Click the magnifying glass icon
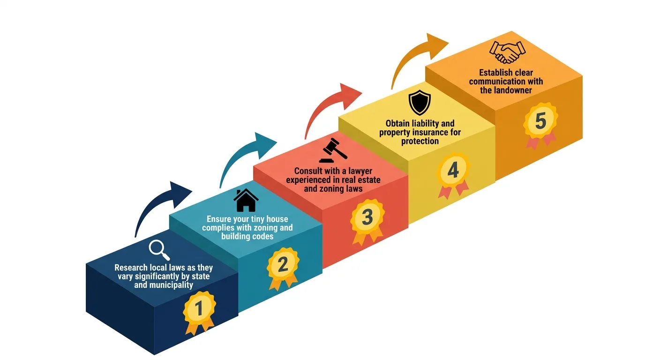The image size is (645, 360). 159,250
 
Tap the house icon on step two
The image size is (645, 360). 246,200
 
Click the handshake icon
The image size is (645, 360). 507,52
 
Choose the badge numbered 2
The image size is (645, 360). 283,266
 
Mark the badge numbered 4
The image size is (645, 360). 453,171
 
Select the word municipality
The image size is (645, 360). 171,285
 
